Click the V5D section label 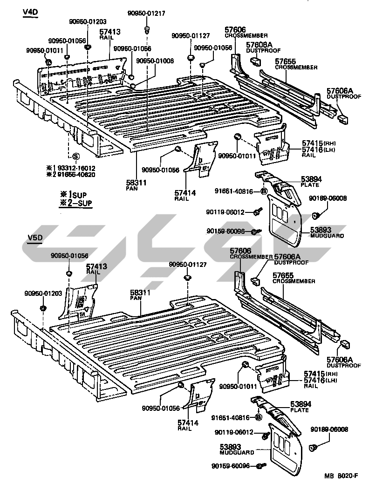click(x=34, y=237)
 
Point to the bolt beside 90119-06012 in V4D click(x=256, y=212)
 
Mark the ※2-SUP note click(x=76, y=202)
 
